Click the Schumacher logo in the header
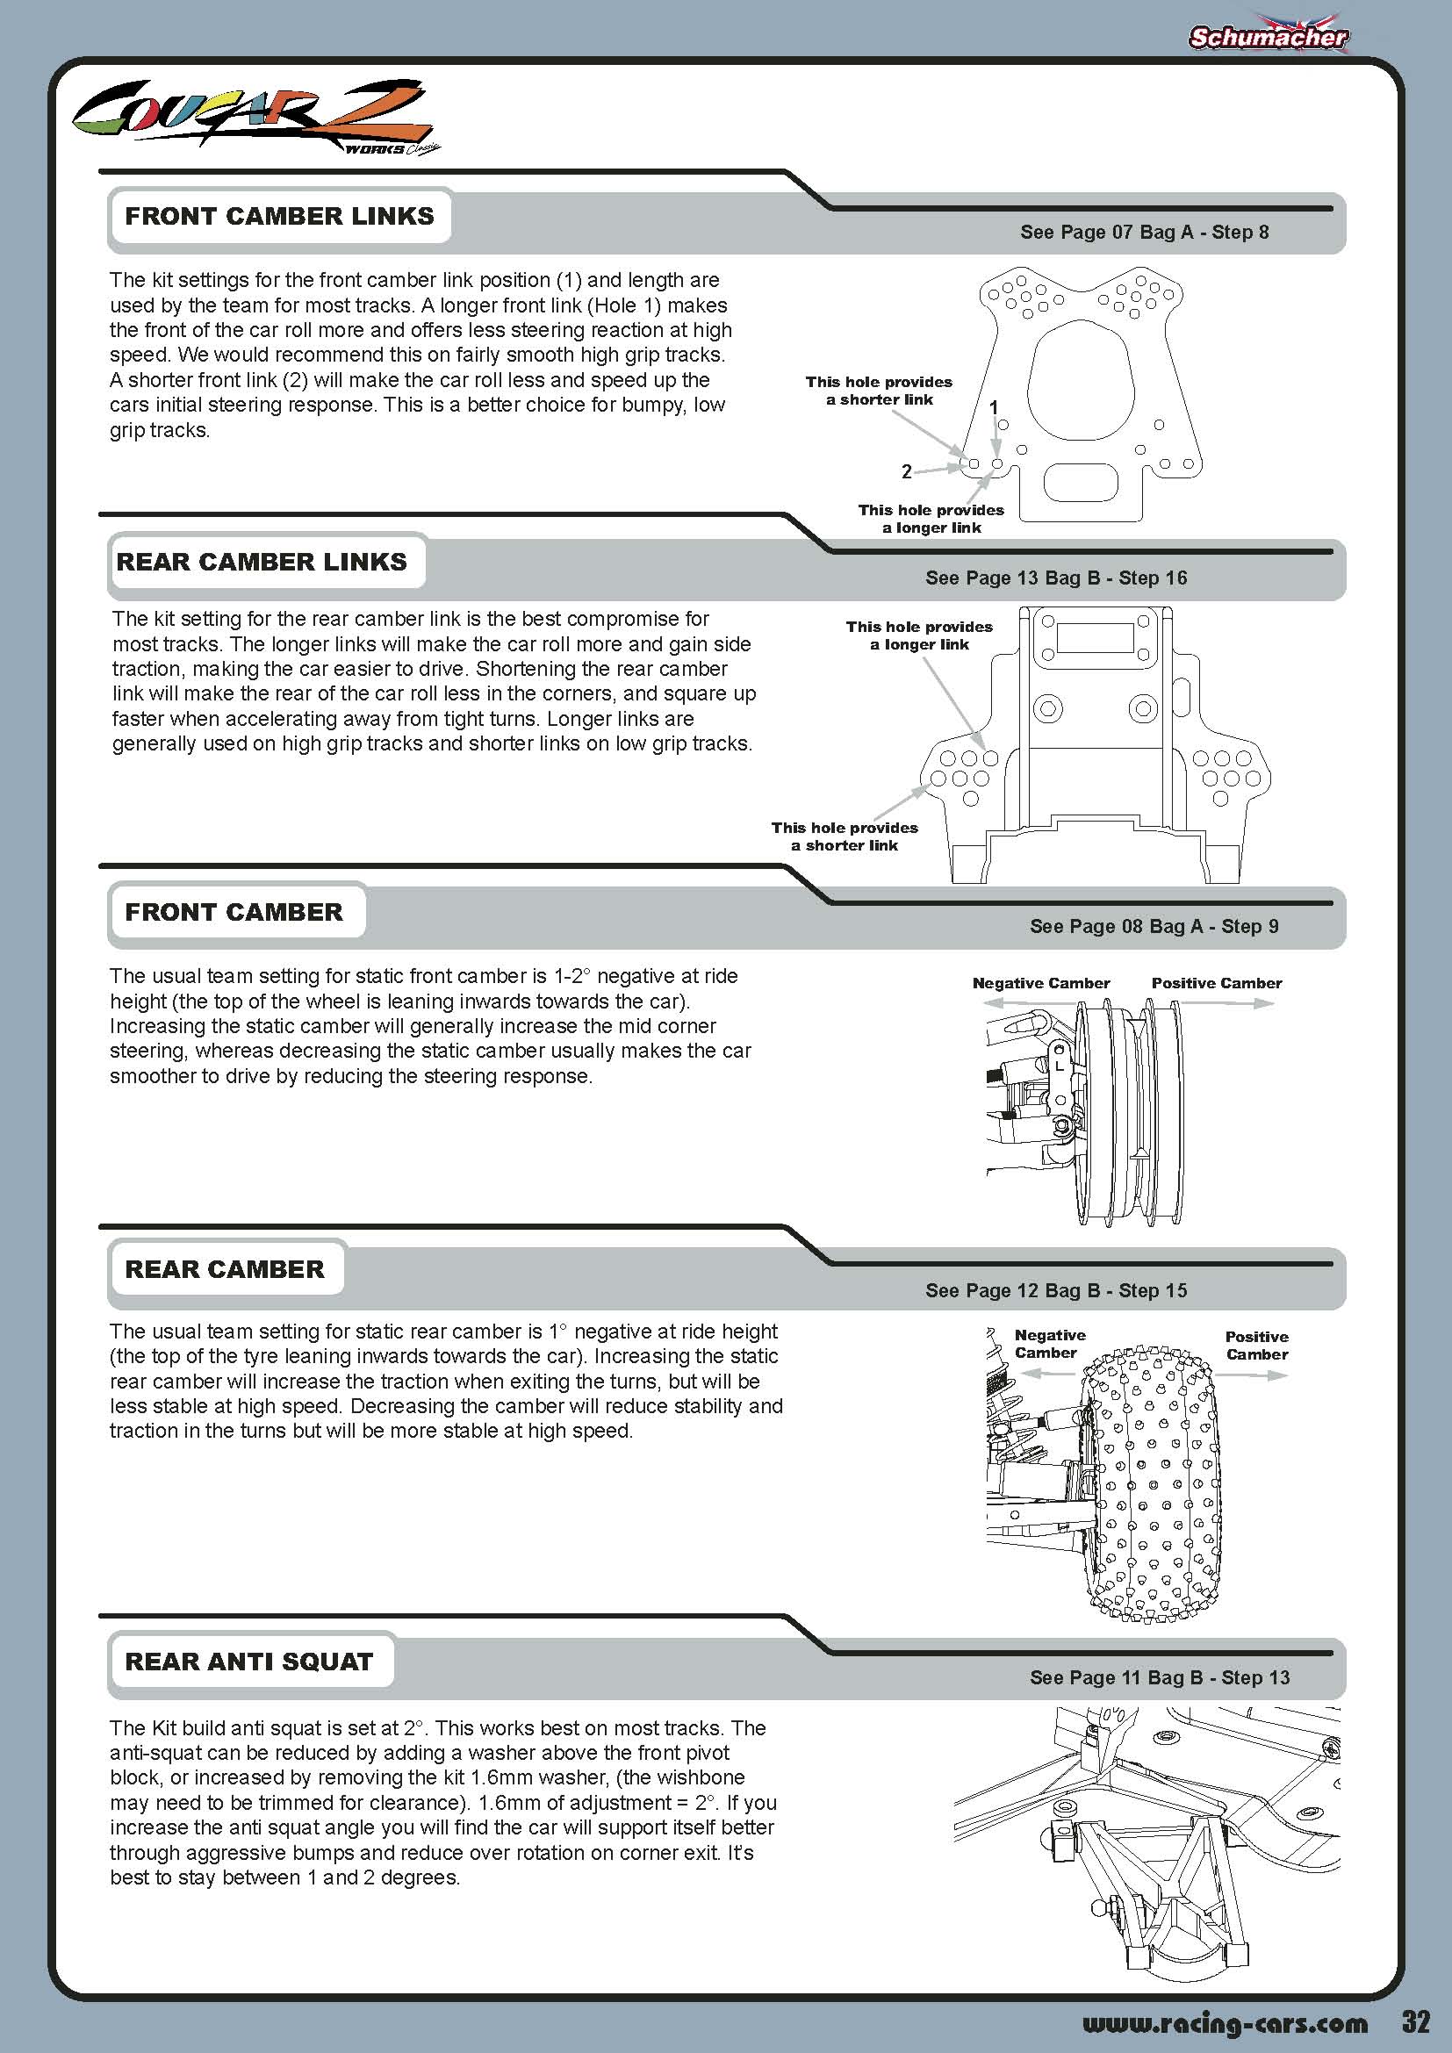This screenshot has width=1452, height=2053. [1268, 36]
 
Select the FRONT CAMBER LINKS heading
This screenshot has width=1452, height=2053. [279, 216]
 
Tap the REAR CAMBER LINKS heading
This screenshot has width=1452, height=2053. [262, 562]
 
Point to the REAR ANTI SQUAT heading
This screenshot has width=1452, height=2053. [248, 1662]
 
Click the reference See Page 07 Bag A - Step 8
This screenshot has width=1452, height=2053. [1145, 233]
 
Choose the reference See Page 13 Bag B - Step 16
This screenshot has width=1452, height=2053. [1056, 578]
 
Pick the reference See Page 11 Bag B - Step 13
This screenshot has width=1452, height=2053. [1160, 1677]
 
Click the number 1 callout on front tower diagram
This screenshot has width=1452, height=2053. [994, 408]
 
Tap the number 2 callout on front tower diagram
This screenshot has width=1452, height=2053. [907, 471]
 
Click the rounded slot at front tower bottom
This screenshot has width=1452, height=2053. [1081, 483]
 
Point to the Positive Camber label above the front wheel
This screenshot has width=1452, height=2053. [1216, 984]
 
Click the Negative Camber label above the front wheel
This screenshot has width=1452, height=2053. [1041, 984]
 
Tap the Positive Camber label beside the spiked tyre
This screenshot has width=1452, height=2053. [1256, 1345]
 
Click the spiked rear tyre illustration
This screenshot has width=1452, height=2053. [1152, 1484]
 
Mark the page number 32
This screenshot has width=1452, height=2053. [1416, 2021]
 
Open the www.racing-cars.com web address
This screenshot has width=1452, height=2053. [1225, 2023]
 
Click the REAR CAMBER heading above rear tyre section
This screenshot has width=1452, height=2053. [225, 1270]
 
